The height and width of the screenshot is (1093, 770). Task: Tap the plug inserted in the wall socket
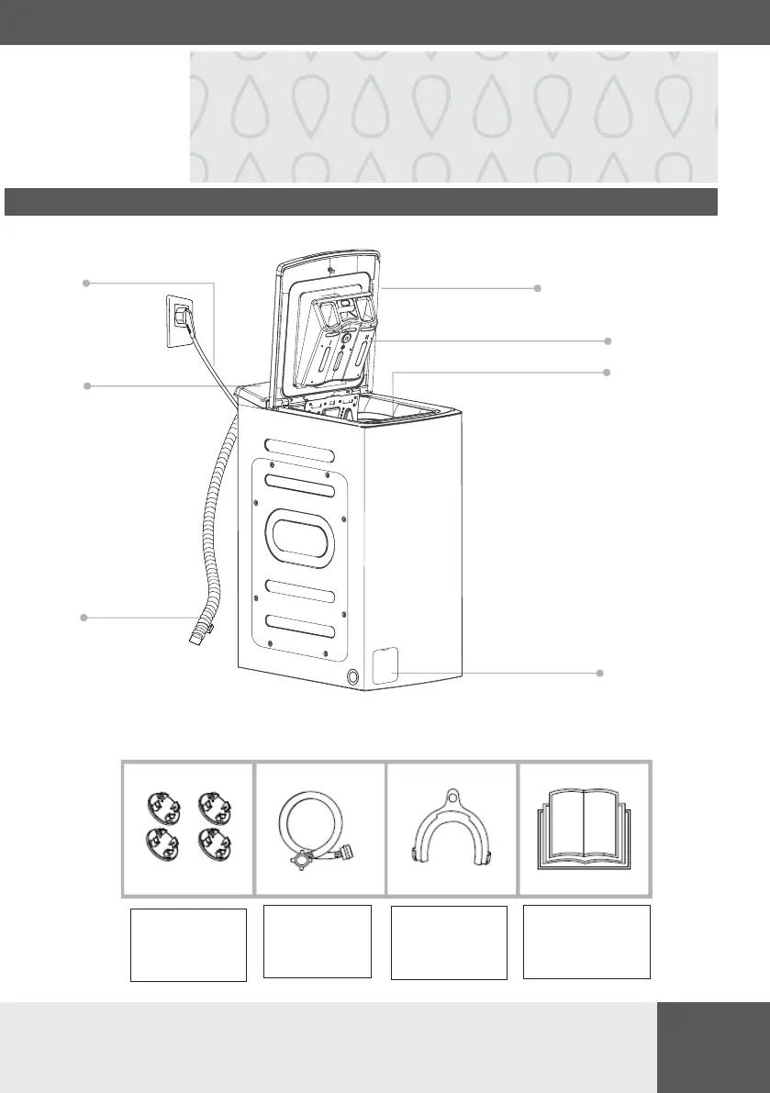coord(184,318)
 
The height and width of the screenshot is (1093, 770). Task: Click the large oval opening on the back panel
coord(299,537)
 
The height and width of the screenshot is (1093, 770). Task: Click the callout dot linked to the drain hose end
coord(84,619)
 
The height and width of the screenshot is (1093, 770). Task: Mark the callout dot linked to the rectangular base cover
coord(600,674)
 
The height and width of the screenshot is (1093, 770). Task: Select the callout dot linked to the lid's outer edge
coord(539,287)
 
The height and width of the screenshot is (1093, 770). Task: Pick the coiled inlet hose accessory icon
coord(318,829)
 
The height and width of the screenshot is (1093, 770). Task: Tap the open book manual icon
coord(584,829)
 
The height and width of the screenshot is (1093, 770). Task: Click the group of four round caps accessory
coord(187,829)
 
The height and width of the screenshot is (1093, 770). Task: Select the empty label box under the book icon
coord(586,942)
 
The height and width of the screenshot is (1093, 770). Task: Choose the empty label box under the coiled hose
coord(318,941)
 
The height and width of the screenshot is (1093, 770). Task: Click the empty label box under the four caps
coord(188,945)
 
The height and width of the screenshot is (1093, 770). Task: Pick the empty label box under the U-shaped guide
coord(450,942)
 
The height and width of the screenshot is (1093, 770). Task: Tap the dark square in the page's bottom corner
coord(713,1047)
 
